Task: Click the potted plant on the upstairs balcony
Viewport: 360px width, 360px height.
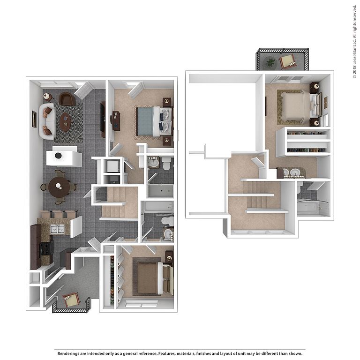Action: pos(270,62)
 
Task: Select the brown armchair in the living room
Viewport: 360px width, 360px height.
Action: pos(67,99)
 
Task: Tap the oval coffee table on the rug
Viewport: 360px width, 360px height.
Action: pos(66,122)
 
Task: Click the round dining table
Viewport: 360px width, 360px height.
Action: pos(59,187)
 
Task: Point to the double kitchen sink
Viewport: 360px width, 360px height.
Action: pos(57,229)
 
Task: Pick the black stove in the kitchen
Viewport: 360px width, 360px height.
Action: pos(46,249)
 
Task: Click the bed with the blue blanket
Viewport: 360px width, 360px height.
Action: pos(154,121)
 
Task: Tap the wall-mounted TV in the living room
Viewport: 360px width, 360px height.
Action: pos(103,120)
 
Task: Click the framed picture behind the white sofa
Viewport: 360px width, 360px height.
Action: pos(34,119)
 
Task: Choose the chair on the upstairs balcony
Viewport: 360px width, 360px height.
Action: pos(287,61)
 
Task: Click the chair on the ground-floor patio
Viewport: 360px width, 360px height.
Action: pos(71,300)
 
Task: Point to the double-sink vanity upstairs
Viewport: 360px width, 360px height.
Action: pos(291,173)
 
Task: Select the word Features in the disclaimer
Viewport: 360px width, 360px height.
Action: pos(166,353)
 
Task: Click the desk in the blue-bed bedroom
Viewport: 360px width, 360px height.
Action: pos(116,121)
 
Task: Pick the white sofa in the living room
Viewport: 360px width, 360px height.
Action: pos(47,121)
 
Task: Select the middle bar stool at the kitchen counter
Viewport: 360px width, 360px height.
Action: pos(58,214)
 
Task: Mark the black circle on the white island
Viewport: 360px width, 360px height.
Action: pos(58,156)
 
